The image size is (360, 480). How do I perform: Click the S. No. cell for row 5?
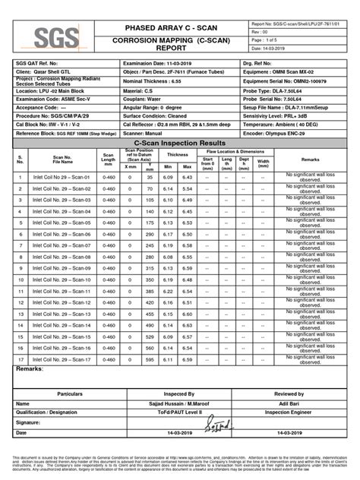click(x=21, y=223)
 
